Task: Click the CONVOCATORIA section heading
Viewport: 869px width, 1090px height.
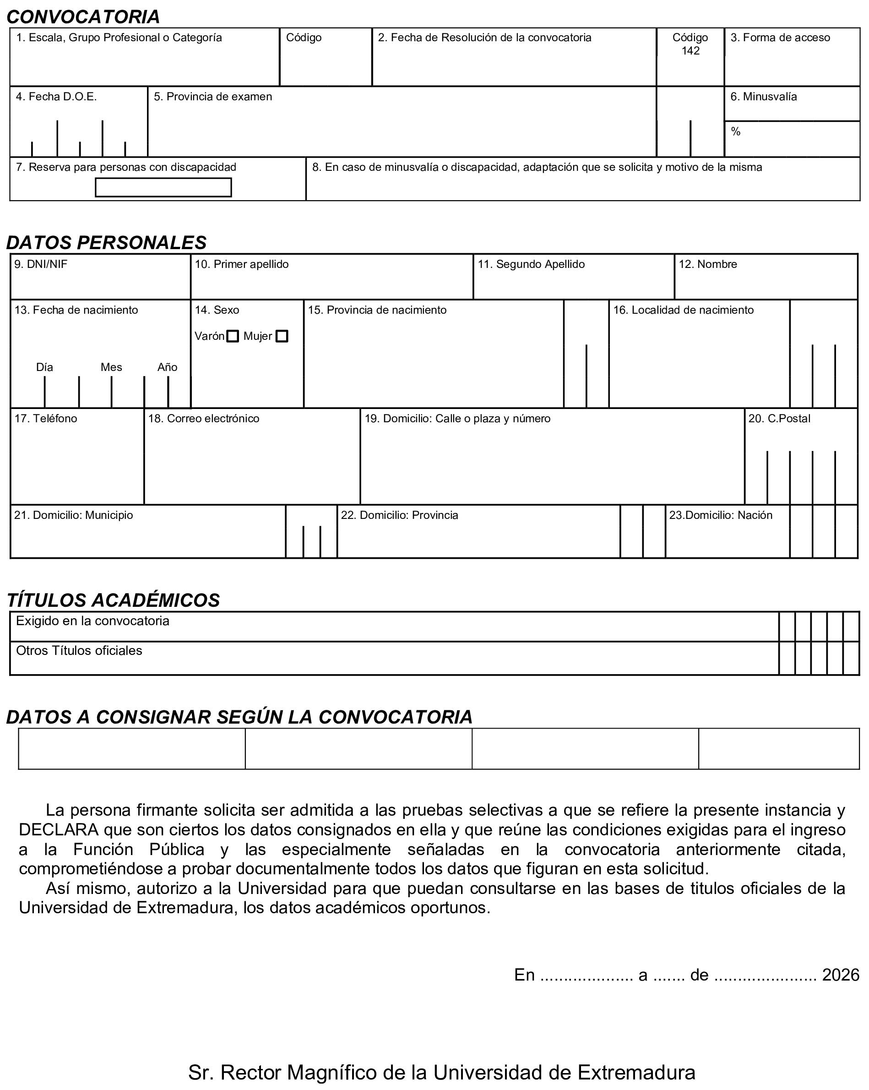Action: pos(83,16)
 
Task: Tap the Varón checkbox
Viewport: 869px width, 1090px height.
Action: pos(233,336)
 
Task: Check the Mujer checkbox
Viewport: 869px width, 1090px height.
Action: pos(282,336)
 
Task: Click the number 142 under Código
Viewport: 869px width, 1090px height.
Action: pos(690,50)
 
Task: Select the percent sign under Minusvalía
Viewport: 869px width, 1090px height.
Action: pos(736,131)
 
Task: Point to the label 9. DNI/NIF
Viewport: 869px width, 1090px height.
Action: pos(41,264)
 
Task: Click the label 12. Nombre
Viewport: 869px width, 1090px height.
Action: pos(708,264)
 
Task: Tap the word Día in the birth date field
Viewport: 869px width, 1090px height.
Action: pos(44,367)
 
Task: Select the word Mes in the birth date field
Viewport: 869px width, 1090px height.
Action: pos(111,367)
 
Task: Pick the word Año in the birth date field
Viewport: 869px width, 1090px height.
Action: pos(167,367)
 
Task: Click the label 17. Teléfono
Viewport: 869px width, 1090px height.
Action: pos(46,419)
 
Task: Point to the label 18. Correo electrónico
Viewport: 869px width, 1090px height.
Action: pos(204,419)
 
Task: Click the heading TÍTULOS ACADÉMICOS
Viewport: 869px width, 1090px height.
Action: pos(113,600)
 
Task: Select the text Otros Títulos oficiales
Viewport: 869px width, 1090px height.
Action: pos(79,651)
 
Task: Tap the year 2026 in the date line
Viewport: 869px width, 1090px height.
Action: pos(841,974)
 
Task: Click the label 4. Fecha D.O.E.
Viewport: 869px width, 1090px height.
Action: pos(56,97)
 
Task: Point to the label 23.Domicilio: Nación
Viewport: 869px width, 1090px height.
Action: pos(721,515)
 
